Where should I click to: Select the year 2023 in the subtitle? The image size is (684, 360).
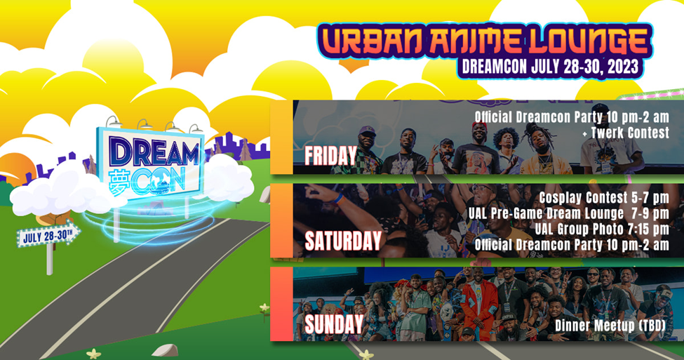[621, 67]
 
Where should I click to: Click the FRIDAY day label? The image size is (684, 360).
[330, 156]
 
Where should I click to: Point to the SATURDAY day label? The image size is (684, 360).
[343, 241]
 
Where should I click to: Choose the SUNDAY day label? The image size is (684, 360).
[334, 324]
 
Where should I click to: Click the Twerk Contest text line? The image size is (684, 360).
[626, 133]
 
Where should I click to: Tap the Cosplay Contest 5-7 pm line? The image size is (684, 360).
[604, 198]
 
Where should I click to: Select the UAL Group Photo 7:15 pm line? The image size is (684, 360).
[602, 229]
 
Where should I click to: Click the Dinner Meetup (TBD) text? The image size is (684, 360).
[611, 325]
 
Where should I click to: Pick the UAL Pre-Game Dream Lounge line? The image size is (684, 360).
[569, 213]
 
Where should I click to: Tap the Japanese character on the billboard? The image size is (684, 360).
[119, 182]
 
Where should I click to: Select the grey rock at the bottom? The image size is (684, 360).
[165, 350]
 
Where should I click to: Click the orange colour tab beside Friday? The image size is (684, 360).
[281, 137]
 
